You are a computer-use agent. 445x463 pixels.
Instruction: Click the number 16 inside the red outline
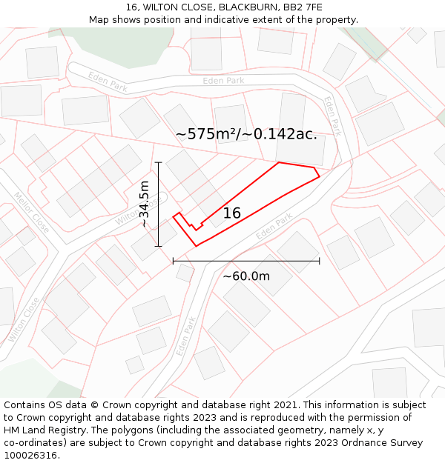click(x=232, y=213)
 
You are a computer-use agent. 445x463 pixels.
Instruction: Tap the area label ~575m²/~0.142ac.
click(x=246, y=134)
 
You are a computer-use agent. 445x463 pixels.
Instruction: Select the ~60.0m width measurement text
click(x=246, y=276)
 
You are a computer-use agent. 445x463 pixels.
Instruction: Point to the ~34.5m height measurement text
click(x=145, y=204)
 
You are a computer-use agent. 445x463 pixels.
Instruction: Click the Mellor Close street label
click(x=31, y=213)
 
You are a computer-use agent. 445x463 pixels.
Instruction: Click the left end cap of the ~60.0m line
click(x=173, y=261)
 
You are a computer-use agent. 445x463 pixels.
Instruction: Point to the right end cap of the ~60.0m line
click(x=319, y=261)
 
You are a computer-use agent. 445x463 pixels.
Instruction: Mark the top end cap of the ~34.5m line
click(x=159, y=161)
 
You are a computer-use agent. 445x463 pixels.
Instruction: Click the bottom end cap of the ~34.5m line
click(x=159, y=246)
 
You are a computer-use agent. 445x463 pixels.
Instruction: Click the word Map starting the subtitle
click(x=99, y=20)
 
